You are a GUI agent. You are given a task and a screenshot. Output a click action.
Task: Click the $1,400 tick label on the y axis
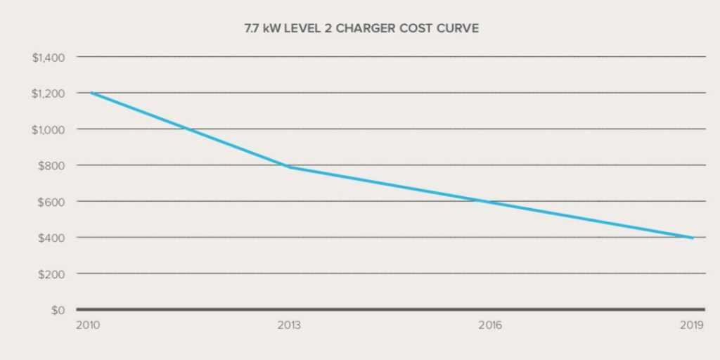pos(49,57)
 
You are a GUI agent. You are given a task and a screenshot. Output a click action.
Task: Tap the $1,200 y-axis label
pos(49,93)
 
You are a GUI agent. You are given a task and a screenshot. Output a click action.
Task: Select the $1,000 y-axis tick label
pos(49,129)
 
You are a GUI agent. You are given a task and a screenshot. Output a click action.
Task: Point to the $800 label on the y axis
pos(52,165)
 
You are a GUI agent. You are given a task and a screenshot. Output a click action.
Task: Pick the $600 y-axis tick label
pos(52,201)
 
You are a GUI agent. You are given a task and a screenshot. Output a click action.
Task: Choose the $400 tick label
pos(52,238)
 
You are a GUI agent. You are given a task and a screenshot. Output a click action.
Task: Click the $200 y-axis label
pos(52,274)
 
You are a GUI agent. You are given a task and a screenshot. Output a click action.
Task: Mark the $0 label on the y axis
pos(58,309)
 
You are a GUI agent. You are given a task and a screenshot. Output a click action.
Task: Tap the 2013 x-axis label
pos(289,326)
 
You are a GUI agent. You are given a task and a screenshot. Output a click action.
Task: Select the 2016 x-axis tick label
pos(489,326)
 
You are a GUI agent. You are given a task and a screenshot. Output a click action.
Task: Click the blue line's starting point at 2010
pos(90,93)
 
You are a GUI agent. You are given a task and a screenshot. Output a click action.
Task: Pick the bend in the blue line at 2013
pos(290,167)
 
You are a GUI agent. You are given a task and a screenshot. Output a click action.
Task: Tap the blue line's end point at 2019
pos(693,238)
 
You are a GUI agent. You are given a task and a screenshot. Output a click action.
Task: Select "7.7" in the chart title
pos(252,30)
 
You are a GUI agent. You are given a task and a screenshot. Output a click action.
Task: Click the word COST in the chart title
pos(423,30)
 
